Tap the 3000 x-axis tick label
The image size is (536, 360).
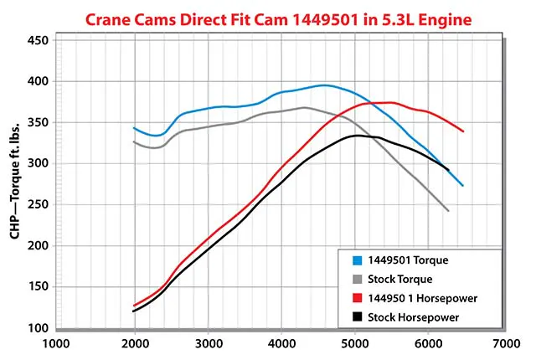pos(209,342)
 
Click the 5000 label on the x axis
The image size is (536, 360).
pos(356,342)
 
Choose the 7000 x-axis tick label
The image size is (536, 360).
pos(504,342)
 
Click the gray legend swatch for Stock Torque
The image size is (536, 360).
pos(355,280)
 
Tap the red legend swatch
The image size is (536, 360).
pos(355,297)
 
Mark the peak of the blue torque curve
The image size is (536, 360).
pos(324,85)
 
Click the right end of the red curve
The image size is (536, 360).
pos(463,131)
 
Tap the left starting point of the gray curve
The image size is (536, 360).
pos(134,141)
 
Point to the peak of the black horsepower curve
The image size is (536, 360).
pos(358,136)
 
